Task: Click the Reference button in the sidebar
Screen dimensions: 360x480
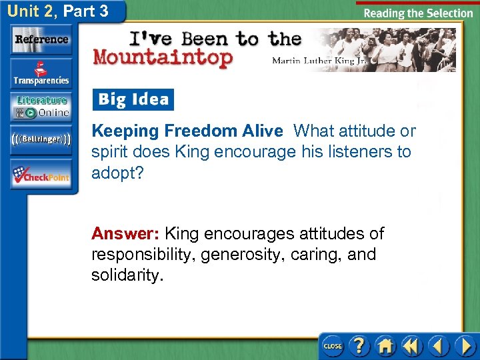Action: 41,39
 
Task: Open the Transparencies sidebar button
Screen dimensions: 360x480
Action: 41,74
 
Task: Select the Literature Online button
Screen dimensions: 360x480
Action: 41,107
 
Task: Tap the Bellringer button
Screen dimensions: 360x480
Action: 41,141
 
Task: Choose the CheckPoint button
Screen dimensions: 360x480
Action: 41,175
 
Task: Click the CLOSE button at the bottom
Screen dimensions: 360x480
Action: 332,346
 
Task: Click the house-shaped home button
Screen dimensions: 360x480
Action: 385,346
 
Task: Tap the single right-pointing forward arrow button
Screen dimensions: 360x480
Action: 463,346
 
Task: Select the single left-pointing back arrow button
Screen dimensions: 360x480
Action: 438,346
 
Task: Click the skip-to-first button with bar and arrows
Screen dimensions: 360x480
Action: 411,346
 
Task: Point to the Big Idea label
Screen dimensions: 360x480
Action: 133,100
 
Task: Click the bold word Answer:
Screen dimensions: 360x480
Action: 125,234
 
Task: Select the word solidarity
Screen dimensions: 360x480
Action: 127,275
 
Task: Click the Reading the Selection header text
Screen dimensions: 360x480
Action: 419,13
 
